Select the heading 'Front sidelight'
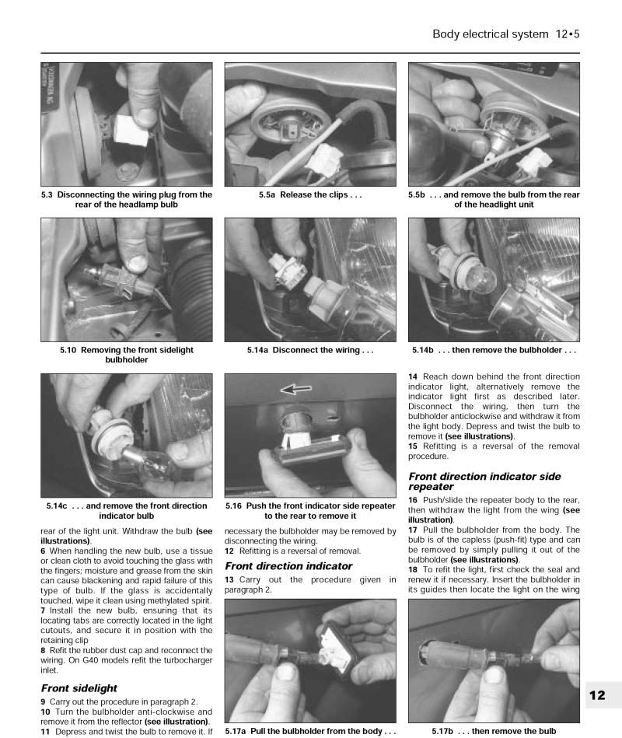(79, 687)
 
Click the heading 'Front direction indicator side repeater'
(483, 481)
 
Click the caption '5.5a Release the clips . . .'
(310, 194)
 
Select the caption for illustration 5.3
(126, 200)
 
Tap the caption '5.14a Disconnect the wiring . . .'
(310, 350)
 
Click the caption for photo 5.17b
(494, 731)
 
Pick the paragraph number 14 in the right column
(413, 376)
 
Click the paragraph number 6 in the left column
(44, 551)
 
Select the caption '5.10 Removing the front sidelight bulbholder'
(126, 355)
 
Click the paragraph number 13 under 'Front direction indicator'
(229, 579)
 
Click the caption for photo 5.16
(310, 510)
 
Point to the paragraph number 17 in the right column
(413, 530)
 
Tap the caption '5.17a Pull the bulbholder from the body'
(310, 731)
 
